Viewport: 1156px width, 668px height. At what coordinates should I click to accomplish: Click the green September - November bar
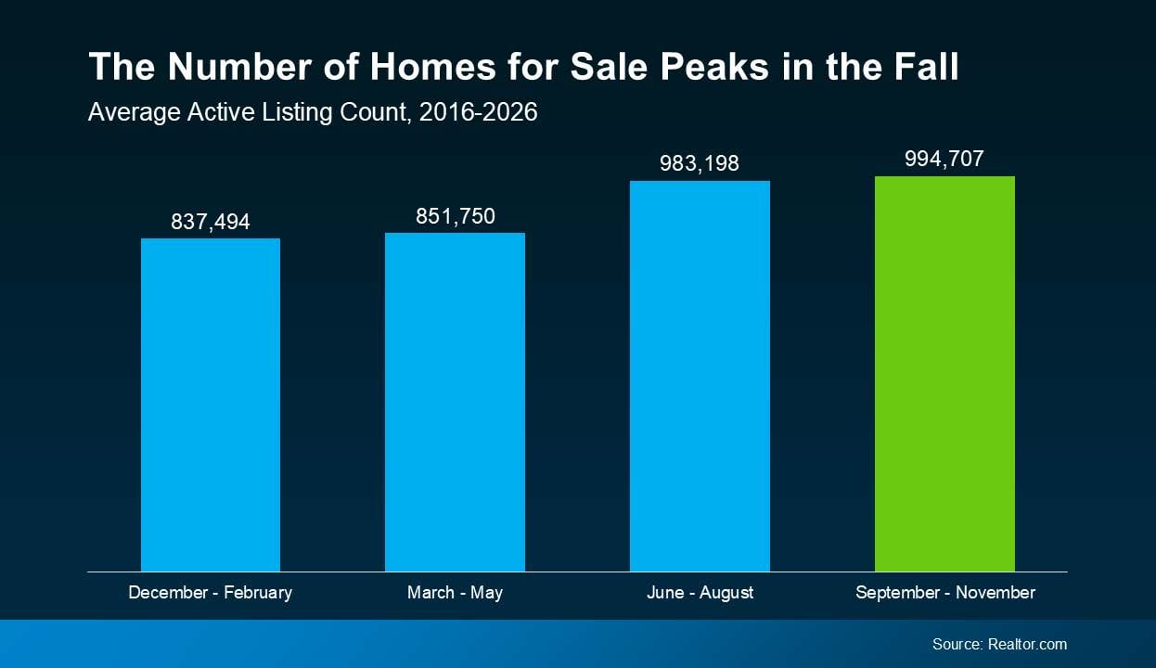pyautogui.click(x=944, y=374)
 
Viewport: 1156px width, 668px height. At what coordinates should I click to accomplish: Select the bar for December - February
pyautogui.click(x=211, y=405)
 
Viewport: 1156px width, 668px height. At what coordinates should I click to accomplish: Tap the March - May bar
pyautogui.click(x=455, y=402)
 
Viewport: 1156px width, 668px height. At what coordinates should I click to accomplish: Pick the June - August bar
pyautogui.click(x=700, y=376)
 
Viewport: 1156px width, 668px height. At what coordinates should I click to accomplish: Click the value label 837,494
pyautogui.click(x=211, y=222)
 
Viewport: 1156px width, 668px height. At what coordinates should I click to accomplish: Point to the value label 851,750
pyautogui.click(x=456, y=216)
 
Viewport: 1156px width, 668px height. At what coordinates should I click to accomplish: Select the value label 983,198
pyautogui.click(x=700, y=163)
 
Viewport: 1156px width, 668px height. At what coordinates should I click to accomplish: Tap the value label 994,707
pyautogui.click(x=944, y=159)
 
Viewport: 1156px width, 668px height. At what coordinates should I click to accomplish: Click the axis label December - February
pyautogui.click(x=210, y=592)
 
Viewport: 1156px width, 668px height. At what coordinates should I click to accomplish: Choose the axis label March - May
pyautogui.click(x=455, y=592)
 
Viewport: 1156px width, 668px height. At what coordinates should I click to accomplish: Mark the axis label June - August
pyautogui.click(x=700, y=592)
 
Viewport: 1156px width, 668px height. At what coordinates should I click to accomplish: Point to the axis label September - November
pyautogui.click(x=945, y=592)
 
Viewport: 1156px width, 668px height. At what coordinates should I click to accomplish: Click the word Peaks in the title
pyautogui.click(x=714, y=66)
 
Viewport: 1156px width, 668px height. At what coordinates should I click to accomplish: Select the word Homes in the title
pyautogui.click(x=432, y=66)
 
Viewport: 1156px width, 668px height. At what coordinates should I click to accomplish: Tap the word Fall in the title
pyautogui.click(x=927, y=66)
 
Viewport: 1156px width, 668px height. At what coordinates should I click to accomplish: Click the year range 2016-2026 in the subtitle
pyautogui.click(x=479, y=112)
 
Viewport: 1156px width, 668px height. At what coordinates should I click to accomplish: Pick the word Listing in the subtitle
pyautogui.click(x=297, y=112)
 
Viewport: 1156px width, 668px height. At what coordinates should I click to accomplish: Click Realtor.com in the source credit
pyautogui.click(x=1027, y=644)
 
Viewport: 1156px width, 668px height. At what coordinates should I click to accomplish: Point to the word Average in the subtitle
pyautogui.click(x=135, y=112)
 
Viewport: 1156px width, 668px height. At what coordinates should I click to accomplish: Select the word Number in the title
pyautogui.click(x=239, y=66)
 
